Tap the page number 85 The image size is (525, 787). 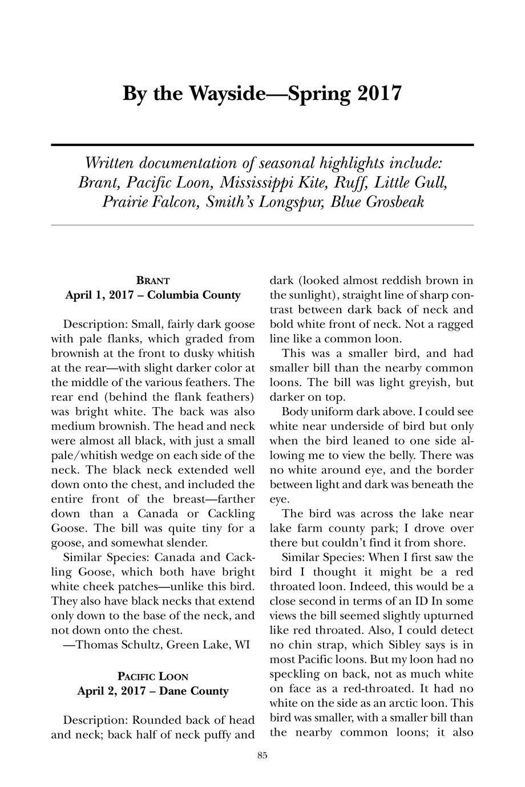point(262,756)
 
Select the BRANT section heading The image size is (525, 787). point(153,281)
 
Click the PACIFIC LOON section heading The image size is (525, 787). point(153,677)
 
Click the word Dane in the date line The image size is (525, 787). point(173,691)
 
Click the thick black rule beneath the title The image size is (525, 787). point(262,145)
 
